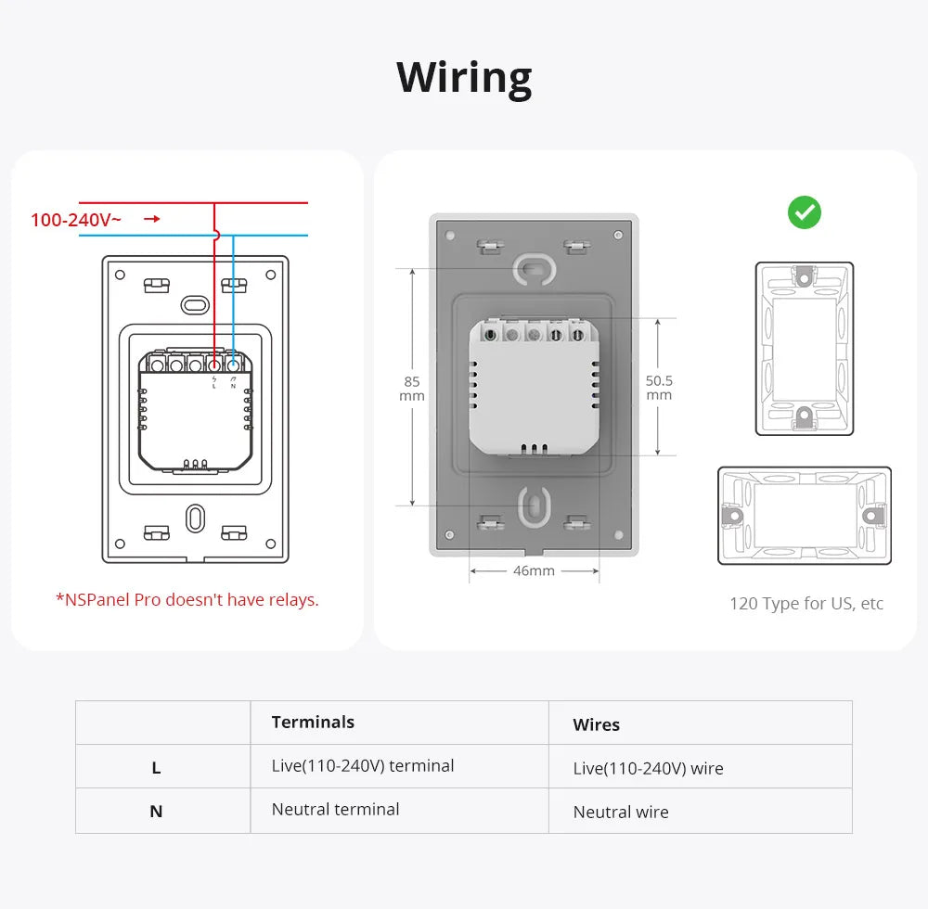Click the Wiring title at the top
[464, 77]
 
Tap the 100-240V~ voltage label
[76, 220]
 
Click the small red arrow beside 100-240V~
[152, 219]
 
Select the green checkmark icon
[804, 212]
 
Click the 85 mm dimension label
[411, 389]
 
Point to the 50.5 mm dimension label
[659, 388]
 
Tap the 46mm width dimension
[534, 570]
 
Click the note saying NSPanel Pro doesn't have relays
[187, 599]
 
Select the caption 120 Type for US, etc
[806, 604]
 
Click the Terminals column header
[313, 722]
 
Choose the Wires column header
[596, 724]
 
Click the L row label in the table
[156, 767]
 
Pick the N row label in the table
[156, 811]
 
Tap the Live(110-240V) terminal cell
[362, 765]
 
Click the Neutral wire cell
[620, 812]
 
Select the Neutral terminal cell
[335, 809]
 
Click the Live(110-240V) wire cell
[648, 768]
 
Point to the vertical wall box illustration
[804, 348]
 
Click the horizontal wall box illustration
[804, 515]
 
